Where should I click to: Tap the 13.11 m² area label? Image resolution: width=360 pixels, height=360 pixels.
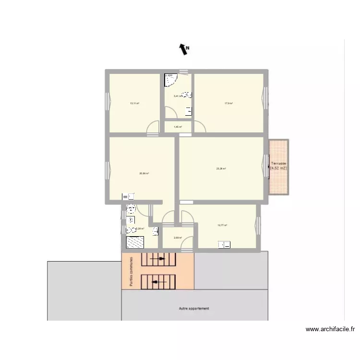pos(134,103)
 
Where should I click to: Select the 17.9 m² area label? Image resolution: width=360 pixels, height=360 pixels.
pos(228,103)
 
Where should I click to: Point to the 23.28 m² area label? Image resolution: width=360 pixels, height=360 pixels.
pos(221,168)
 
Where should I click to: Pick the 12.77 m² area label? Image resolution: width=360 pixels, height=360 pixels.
pos(222,225)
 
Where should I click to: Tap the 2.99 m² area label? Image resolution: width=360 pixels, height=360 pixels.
pos(178,238)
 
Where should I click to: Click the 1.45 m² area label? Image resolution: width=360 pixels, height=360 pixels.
pos(178,127)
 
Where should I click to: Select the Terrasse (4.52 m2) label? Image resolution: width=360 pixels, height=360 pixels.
pos(278,166)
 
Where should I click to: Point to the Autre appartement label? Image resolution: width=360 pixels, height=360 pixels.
pos(194,308)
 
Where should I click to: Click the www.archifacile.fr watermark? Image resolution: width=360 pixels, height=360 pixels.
pos(330,329)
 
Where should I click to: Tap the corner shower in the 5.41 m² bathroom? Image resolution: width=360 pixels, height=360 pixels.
pos(170,79)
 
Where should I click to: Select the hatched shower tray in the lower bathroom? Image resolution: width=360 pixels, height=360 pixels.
pos(134,243)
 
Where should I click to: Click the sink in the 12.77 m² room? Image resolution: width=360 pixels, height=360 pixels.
pos(224,245)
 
